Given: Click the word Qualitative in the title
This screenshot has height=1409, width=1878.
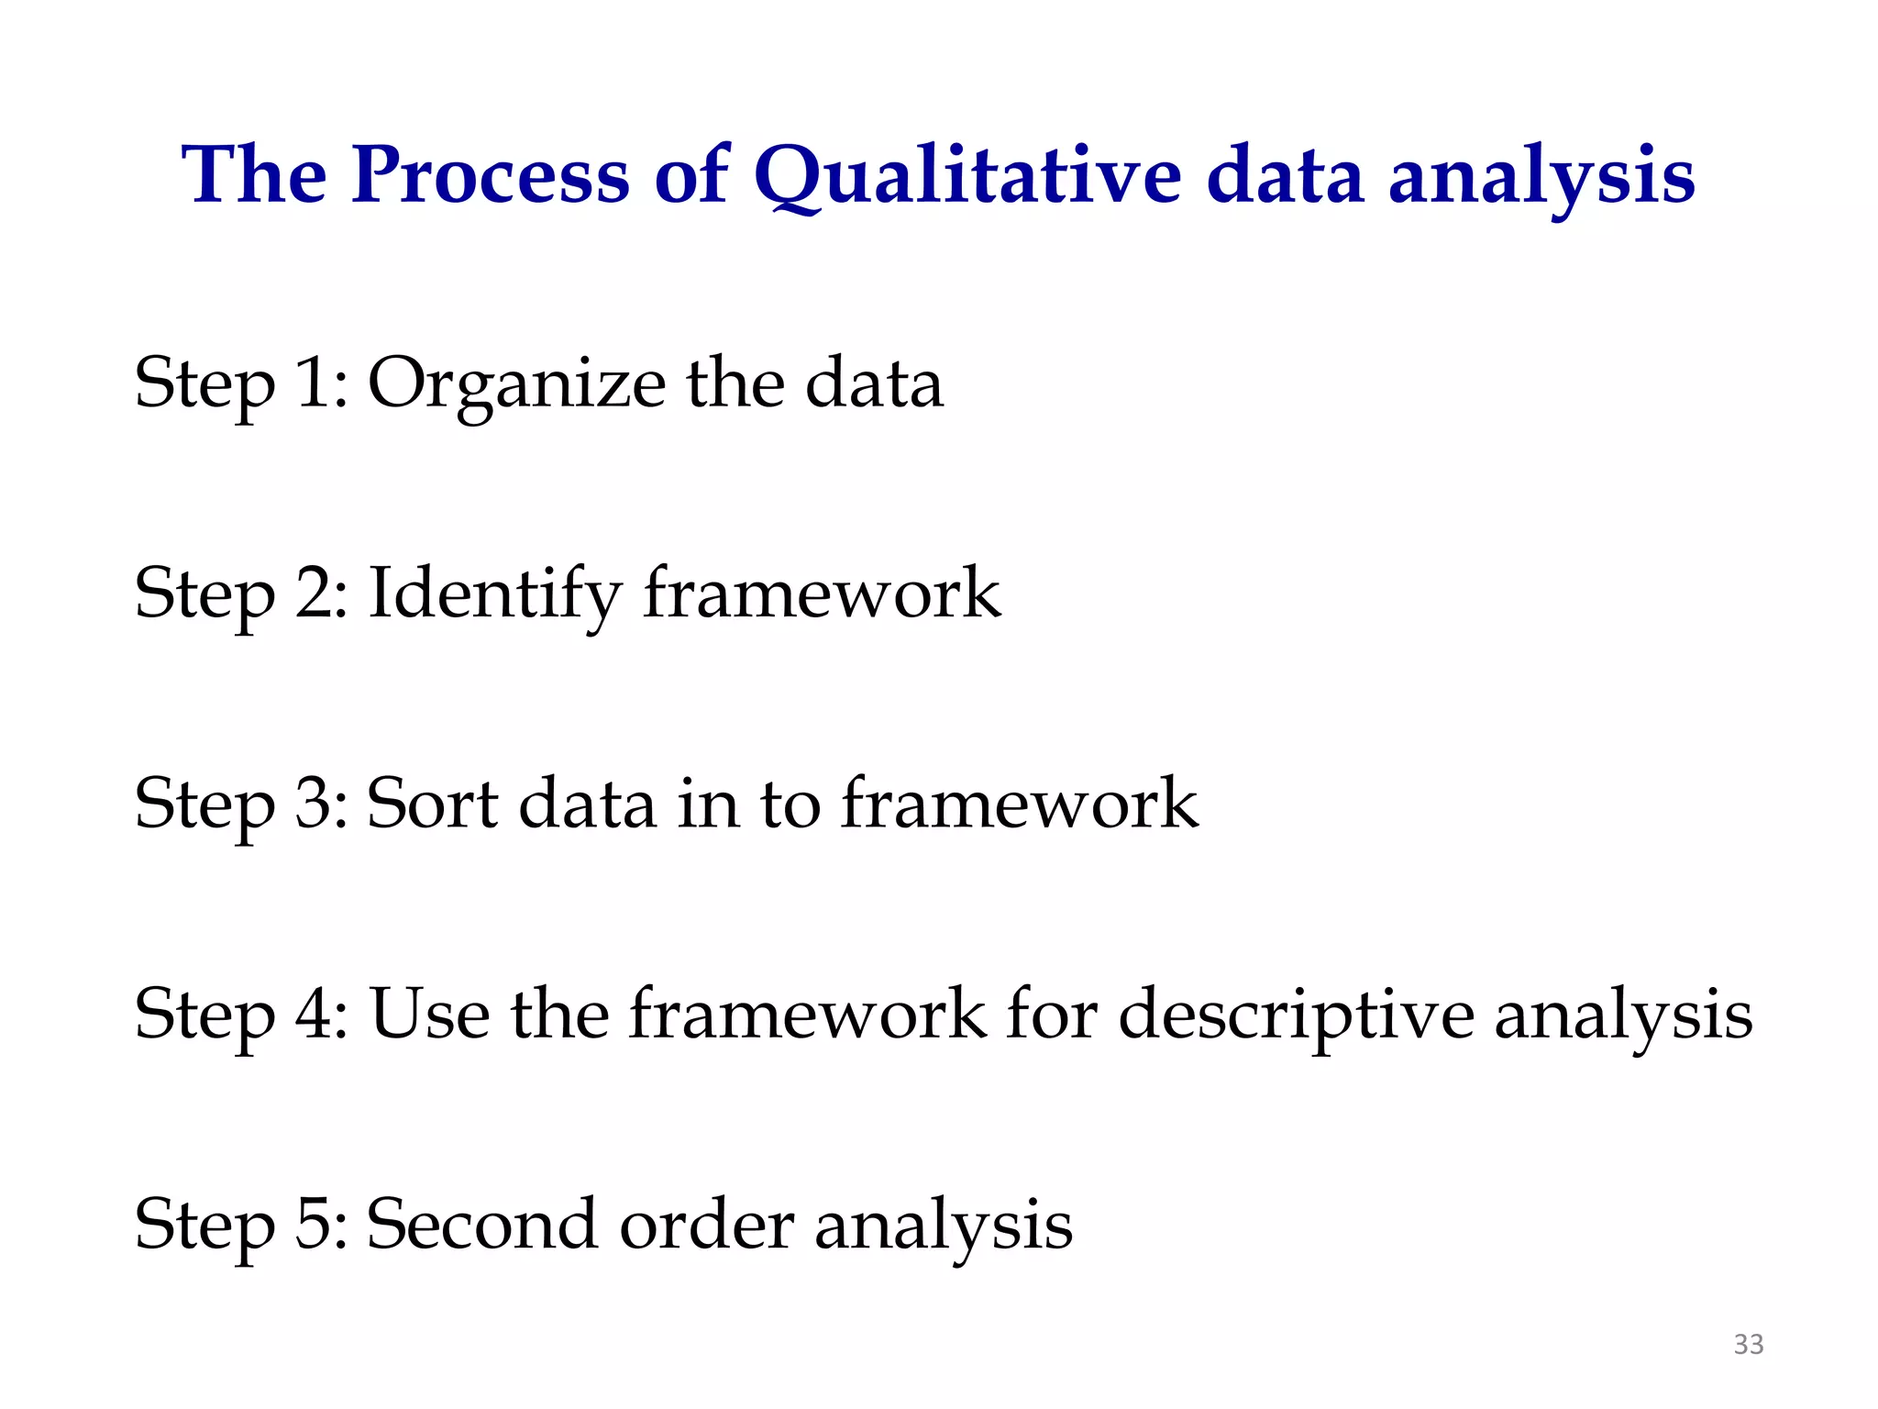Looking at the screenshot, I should click(x=967, y=176).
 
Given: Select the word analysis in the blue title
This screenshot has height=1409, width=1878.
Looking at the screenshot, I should click(x=1541, y=176).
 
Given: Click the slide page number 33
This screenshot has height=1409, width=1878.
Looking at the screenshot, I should click(x=1749, y=1344).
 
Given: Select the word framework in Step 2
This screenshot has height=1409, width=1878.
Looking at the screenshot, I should click(x=822, y=594).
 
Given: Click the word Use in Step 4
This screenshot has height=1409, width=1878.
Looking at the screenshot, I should click(x=429, y=1015).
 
